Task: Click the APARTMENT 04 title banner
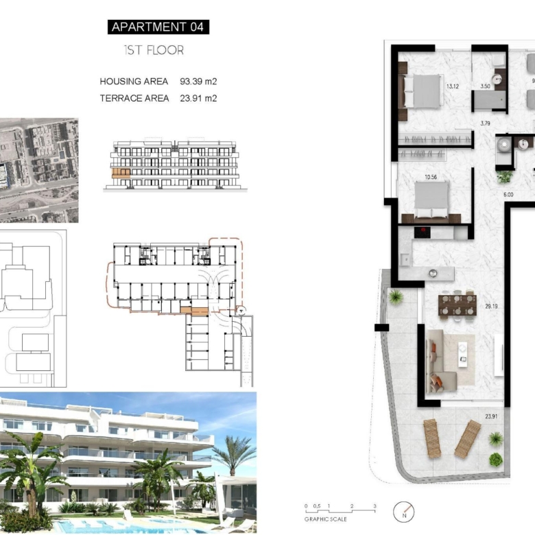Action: (x=158, y=27)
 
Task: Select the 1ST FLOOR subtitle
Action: (x=154, y=50)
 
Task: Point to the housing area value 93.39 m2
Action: (x=198, y=82)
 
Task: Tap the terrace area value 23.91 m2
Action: (x=198, y=98)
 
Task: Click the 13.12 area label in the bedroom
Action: (x=453, y=86)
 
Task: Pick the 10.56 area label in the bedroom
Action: (x=431, y=177)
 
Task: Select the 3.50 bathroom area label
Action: (x=485, y=86)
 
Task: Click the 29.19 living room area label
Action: (x=491, y=307)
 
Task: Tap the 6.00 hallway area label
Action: (x=508, y=195)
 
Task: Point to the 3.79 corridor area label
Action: (x=485, y=123)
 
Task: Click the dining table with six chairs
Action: (x=457, y=305)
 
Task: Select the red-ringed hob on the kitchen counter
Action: (x=423, y=233)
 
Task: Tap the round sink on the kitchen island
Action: (x=433, y=273)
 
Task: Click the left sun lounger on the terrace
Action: (x=432, y=438)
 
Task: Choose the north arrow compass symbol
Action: (x=403, y=512)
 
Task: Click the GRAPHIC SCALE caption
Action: (x=326, y=519)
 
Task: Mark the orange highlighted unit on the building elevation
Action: (x=121, y=173)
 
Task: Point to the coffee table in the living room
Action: (x=463, y=355)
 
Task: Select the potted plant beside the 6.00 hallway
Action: (x=504, y=177)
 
